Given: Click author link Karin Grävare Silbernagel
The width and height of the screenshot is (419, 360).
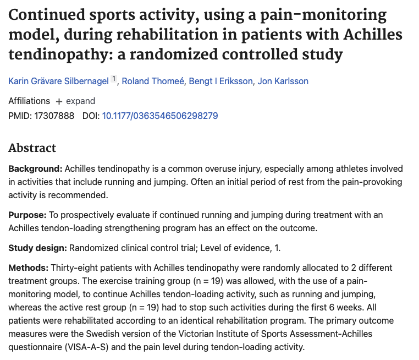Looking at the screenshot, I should click(x=59, y=81).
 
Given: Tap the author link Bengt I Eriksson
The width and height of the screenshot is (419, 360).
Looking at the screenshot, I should click(x=221, y=81).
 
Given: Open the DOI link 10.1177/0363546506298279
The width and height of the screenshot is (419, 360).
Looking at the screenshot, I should click(x=160, y=116).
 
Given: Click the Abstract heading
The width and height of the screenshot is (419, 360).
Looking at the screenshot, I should click(x=32, y=148).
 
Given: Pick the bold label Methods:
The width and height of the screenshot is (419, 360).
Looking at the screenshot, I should click(x=29, y=268).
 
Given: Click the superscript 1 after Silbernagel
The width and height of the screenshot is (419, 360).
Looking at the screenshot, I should click(x=114, y=79).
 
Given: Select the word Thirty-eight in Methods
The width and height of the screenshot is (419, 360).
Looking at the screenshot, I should click(x=72, y=268).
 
